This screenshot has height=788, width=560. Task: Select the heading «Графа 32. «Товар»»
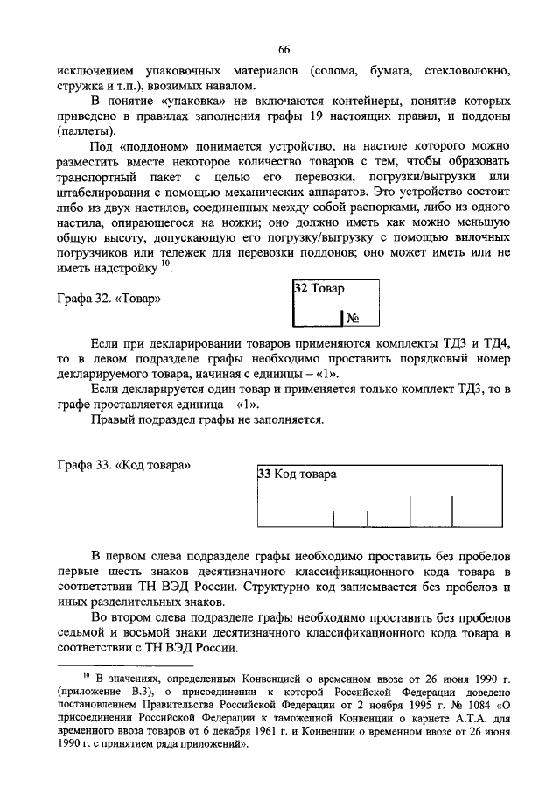click(110, 299)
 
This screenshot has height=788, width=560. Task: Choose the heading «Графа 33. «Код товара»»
click(123, 461)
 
